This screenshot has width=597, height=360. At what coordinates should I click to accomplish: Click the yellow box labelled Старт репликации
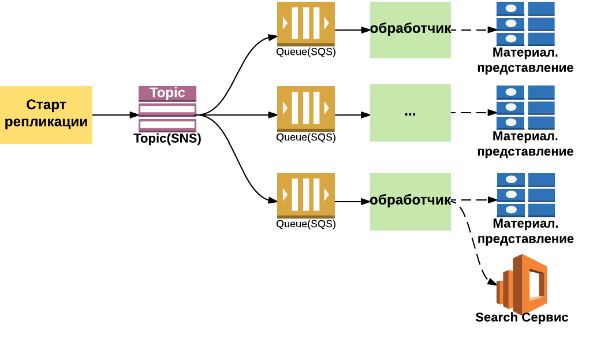point(46,114)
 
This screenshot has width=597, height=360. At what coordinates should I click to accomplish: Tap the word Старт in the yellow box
point(46,105)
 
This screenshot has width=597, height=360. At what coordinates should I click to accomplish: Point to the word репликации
point(46,121)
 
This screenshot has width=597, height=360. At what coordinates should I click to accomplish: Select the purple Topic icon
point(167,109)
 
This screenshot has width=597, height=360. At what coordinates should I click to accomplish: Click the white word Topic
point(167,92)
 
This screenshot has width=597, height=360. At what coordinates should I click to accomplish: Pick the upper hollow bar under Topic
point(167,109)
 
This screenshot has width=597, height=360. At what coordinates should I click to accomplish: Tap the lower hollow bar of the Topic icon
point(167,124)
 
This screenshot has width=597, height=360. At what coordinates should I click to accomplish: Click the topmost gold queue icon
point(306,23)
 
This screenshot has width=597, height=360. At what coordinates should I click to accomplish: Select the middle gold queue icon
point(306,109)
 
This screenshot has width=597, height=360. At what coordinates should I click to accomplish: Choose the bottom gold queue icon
point(306,195)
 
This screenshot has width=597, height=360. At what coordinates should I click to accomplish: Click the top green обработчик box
point(411,29)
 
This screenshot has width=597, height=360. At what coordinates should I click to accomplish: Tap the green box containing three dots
point(411,113)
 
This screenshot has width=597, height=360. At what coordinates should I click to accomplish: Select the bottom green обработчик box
point(411,201)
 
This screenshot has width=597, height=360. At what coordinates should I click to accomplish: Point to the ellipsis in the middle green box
point(410,113)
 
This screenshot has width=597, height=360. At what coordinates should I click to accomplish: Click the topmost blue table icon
point(525,24)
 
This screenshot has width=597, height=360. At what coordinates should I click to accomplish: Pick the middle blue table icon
point(525,107)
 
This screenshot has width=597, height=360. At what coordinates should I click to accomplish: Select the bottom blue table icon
point(526,195)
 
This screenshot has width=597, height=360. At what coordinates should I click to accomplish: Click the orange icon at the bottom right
point(522,285)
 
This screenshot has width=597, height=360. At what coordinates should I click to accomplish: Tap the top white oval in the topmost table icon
point(511,8)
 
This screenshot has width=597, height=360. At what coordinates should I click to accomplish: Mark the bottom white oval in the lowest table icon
point(511,210)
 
